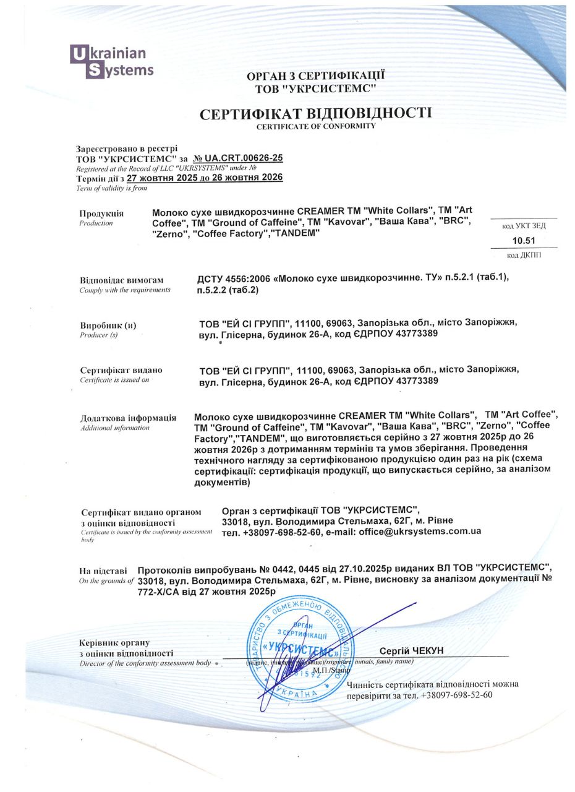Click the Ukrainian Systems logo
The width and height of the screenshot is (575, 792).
111,62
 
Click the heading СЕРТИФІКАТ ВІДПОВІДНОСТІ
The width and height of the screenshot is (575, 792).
315,113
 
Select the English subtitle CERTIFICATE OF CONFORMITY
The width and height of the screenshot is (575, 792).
316,126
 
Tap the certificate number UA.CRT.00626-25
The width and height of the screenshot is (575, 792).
242,158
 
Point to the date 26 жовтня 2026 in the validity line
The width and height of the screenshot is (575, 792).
247,178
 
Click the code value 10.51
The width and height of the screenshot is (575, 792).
524,241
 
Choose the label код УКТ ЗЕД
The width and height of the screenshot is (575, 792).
524,226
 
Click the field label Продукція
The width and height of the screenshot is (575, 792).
101,213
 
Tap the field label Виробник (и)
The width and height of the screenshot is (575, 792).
108,325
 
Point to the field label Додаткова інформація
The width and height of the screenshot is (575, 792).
128,418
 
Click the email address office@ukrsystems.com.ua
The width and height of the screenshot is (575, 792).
420,532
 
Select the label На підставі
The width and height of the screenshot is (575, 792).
103,570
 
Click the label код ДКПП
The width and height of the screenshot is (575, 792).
524,256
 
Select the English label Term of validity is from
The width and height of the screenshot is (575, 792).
111,188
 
